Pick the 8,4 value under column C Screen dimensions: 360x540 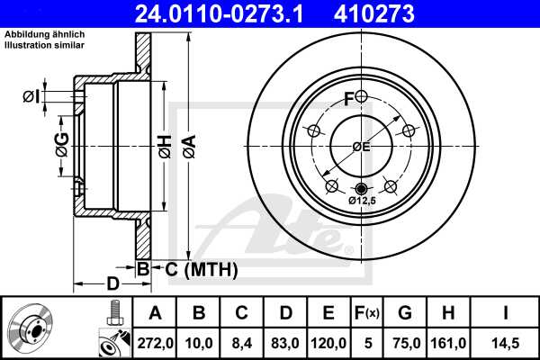pos(241,343)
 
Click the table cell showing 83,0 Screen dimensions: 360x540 pos(285,343)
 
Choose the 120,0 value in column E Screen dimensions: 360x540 pos(329,343)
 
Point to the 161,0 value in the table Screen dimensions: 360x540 pos(449,343)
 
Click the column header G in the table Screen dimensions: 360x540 pos(405,314)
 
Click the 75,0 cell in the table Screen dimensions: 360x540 pos(405,343)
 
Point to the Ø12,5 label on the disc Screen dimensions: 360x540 pos(362,202)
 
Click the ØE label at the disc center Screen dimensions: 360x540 pos(361,147)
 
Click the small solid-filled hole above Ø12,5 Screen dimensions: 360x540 pos(362,188)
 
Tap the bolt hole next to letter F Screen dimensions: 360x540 pos(361,97)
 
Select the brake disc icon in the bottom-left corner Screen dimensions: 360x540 pos(32,328)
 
